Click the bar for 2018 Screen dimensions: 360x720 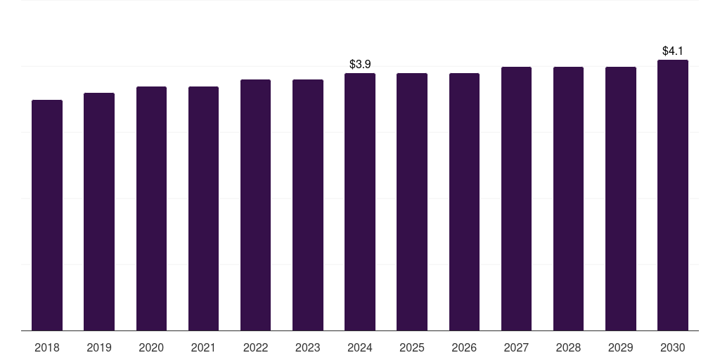(x=47, y=215)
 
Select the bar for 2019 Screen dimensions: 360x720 (x=99, y=212)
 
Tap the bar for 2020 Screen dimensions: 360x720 (x=151, y=208)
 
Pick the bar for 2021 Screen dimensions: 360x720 (x=203, y=208)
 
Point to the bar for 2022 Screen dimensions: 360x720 (x=255, y=205)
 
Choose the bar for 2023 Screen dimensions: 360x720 (x=308, y=205)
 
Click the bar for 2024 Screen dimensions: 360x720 (x=360, y=202)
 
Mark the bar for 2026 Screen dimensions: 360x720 (x=464, y=202)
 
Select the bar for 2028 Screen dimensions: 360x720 (x=568, y=198)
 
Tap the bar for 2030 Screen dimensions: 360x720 (x=673, y=195)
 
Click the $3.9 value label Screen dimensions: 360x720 (x=360, y=65)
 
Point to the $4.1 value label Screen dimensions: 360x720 (x=673, y=51)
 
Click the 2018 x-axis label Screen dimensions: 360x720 (x=47, y=347)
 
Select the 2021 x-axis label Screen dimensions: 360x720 (x=203, y=347)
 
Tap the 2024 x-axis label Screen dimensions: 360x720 (x=360, y=347)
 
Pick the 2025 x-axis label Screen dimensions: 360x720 (x=412, y=347)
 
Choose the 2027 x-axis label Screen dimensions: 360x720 (x=516, y=347)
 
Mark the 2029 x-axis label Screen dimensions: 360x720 (x=621, y=347)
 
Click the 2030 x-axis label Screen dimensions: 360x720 (x=673, y=347)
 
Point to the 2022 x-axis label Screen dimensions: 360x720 (x=255, y=347)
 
